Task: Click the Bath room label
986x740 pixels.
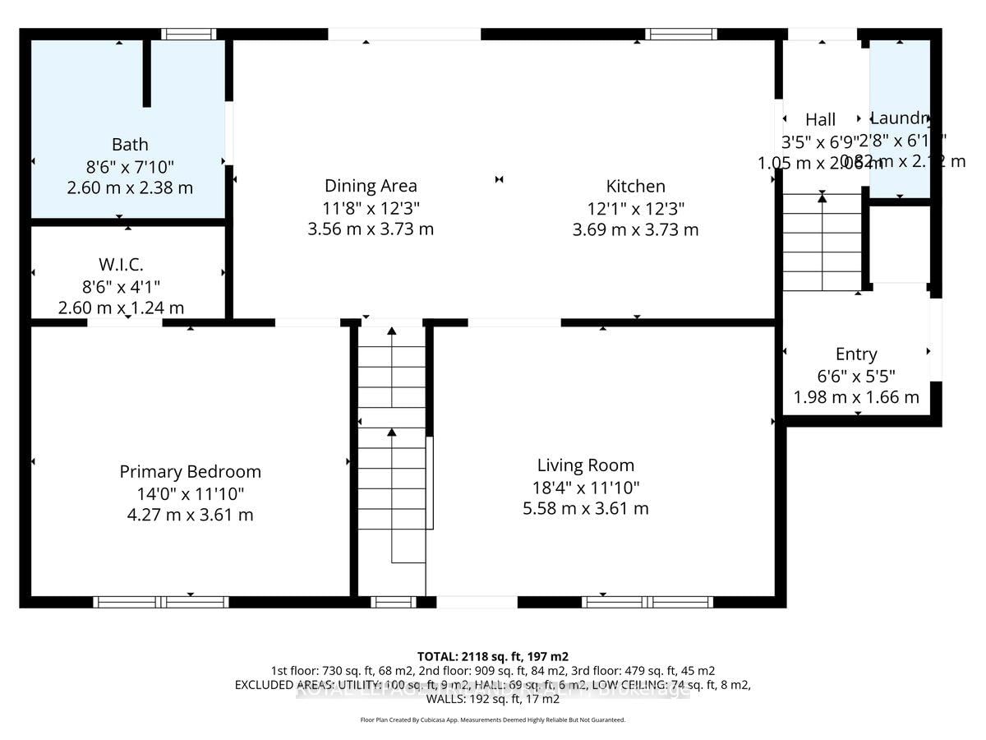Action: (130, 145)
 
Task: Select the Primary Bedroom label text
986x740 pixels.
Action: (190, 472)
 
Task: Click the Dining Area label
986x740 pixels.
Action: (371, 186)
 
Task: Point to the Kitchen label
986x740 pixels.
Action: (635, 186)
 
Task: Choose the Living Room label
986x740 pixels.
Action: (585, 465)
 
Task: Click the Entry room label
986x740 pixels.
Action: (856, 354)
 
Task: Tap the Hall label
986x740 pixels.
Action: (820, 120)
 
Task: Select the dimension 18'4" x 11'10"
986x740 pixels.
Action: (585, 487)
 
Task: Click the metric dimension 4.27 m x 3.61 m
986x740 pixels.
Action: (190, 515)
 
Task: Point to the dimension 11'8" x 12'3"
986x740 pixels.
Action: (371, 207)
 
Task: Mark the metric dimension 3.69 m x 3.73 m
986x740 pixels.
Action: (635, 229)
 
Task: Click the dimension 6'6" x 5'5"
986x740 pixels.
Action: (856, 376)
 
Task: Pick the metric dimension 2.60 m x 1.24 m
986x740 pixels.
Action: (121, 308)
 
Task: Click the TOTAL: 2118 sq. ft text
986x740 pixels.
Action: (493, 656)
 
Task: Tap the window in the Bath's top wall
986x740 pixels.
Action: (188, 34)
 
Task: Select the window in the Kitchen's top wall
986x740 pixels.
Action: (680, 34)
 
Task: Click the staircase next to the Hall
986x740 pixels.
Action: (822, 243)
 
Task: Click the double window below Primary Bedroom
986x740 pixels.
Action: (160, 602)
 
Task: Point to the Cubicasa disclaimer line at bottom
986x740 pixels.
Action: (493, 719)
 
